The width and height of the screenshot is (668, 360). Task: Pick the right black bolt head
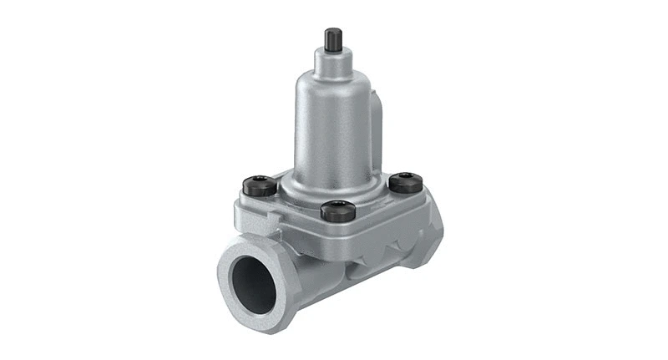(405, 181)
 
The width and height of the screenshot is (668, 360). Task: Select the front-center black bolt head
(337, 209)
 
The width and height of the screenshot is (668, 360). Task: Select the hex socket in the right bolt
(406, 178)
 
